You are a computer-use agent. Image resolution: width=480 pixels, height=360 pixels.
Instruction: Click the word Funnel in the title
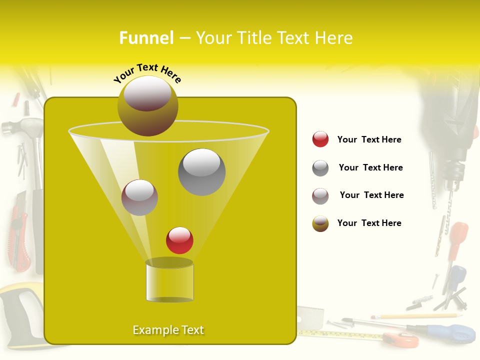146,38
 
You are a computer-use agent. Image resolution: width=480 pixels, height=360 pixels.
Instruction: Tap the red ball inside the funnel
179,240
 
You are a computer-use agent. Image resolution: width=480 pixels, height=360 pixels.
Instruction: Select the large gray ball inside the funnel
201,171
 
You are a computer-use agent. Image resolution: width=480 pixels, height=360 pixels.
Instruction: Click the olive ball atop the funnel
147,106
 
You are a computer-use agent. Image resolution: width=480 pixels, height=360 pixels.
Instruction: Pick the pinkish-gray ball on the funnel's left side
139,197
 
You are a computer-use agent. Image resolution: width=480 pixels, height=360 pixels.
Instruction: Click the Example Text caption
168,330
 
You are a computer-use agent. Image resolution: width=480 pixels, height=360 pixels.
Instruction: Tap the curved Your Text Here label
147,73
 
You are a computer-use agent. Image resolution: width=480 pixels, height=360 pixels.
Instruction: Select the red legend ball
320,139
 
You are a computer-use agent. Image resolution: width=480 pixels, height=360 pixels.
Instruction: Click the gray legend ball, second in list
320,168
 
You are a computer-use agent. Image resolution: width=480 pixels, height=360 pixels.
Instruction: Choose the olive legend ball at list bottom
320,223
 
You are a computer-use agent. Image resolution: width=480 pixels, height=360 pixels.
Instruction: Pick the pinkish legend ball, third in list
320,196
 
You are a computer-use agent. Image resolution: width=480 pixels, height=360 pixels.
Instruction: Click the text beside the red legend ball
369,139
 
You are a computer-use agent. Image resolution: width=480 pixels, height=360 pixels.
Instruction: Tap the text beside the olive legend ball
369,223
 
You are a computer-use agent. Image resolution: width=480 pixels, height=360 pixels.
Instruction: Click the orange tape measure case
402,339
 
